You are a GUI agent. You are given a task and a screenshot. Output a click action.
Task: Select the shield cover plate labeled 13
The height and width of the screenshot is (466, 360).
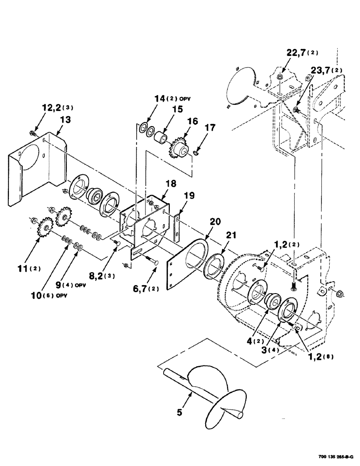click(33, 172)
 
